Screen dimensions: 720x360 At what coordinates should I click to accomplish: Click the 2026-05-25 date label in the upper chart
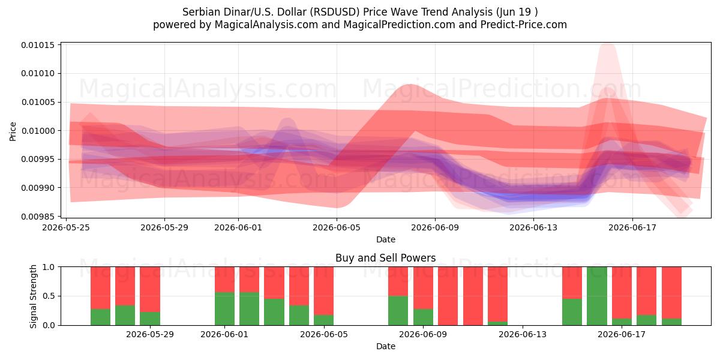point(66,227)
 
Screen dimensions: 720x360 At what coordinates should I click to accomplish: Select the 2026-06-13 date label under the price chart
point(533,227)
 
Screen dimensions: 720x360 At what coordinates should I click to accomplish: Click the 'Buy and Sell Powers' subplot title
point(385,258)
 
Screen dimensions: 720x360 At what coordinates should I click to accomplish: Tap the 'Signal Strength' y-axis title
point(33,296)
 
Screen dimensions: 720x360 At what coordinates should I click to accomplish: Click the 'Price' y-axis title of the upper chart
point(13,131)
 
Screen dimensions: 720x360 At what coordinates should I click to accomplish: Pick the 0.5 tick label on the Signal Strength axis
point(49,296)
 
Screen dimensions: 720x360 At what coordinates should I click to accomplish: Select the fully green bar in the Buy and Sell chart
point(597,296)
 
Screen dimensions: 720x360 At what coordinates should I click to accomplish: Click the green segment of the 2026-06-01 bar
point(224,308)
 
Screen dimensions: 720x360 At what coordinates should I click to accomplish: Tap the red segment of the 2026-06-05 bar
point(323,291)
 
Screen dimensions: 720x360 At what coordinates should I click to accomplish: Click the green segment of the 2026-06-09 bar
point(423,317)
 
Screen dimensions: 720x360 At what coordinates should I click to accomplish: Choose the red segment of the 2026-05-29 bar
point(150,289)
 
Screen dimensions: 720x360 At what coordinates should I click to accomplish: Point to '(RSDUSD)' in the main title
point(334,12)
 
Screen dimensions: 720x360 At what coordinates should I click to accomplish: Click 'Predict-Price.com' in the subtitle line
point(524,25)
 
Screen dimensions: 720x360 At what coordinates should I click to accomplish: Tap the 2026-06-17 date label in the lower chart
point(622,335)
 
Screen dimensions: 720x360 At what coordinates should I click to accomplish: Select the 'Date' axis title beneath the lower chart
point(386,347)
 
